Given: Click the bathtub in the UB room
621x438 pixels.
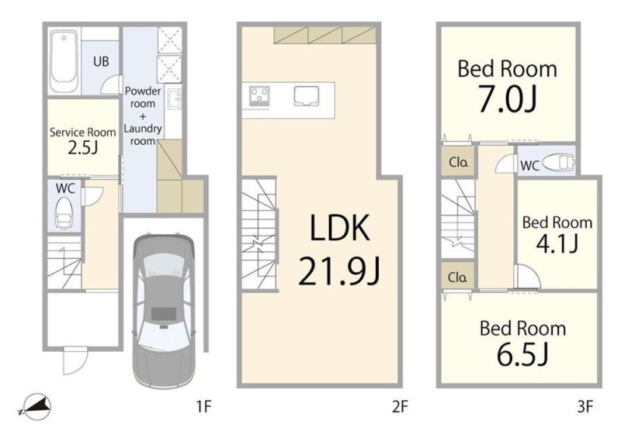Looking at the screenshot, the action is click(64, 61).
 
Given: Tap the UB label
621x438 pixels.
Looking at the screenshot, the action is click(101, 61).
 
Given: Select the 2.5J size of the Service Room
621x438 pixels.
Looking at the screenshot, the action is click(82, 148).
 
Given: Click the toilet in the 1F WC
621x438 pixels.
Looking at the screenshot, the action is click(64, 213).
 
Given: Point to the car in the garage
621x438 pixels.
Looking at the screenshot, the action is click(164, 311).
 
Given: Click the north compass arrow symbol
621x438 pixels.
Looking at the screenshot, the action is click(35, 406).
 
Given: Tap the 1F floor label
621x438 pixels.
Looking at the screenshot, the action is click(204, 407).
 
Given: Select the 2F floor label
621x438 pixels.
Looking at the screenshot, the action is click(400, 407).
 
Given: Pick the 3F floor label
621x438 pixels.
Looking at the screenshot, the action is click(585, 407).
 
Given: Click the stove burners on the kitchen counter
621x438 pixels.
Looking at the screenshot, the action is click(259, 96).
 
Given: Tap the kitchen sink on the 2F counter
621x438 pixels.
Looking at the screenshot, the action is click(307, 96).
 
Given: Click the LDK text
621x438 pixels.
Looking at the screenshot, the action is click(339, 227).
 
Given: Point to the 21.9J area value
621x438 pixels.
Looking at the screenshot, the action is click(339, 271).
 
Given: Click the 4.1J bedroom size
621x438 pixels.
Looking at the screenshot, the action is click(557, 243).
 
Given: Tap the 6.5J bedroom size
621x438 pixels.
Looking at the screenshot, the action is click(522, 354).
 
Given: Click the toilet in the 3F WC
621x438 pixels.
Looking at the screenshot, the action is click(558, 163).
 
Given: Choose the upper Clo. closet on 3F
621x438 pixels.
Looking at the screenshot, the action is click(459, 162).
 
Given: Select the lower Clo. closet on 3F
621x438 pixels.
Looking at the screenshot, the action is click(458, 277).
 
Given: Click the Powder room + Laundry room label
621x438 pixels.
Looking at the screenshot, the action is click(143, 116).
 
